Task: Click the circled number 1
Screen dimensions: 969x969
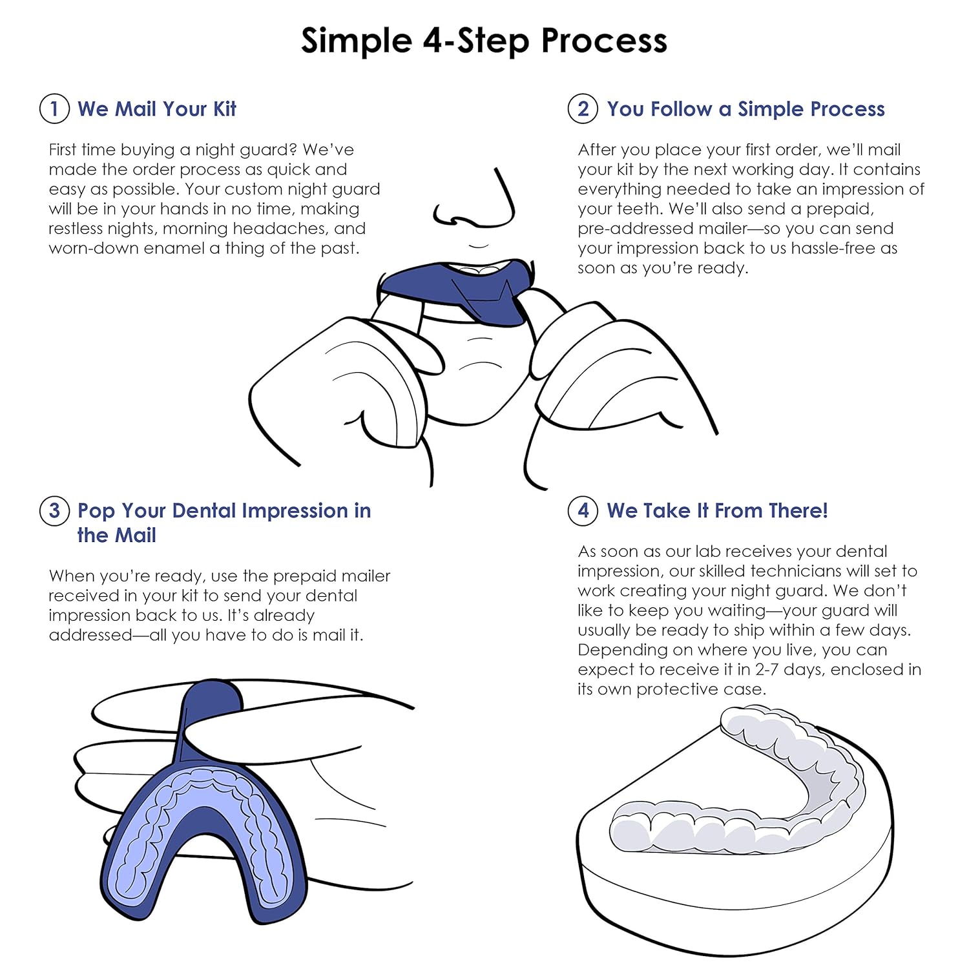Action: pyautogui.click(x=54, y=109)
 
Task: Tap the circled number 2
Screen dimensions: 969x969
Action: pyautogui.click(x=583, y=109)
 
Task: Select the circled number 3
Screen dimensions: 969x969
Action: pyautogui.click(x=54, y=510)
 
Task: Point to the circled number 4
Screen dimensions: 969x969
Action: pyautogui.click(x=583, y=510)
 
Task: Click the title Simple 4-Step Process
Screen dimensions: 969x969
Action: pyautogui.click(x=484, y=40)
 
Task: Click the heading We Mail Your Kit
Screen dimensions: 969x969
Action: pyautogui.click(x=157, y=109)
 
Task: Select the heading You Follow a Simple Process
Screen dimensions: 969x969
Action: pyautogui.click(x=745, y=109)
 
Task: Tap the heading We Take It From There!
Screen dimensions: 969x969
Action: pyautogui.click(x=717, y=510)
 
